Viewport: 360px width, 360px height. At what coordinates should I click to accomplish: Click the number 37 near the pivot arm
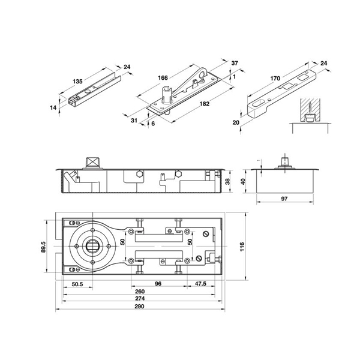coord(235,63)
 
